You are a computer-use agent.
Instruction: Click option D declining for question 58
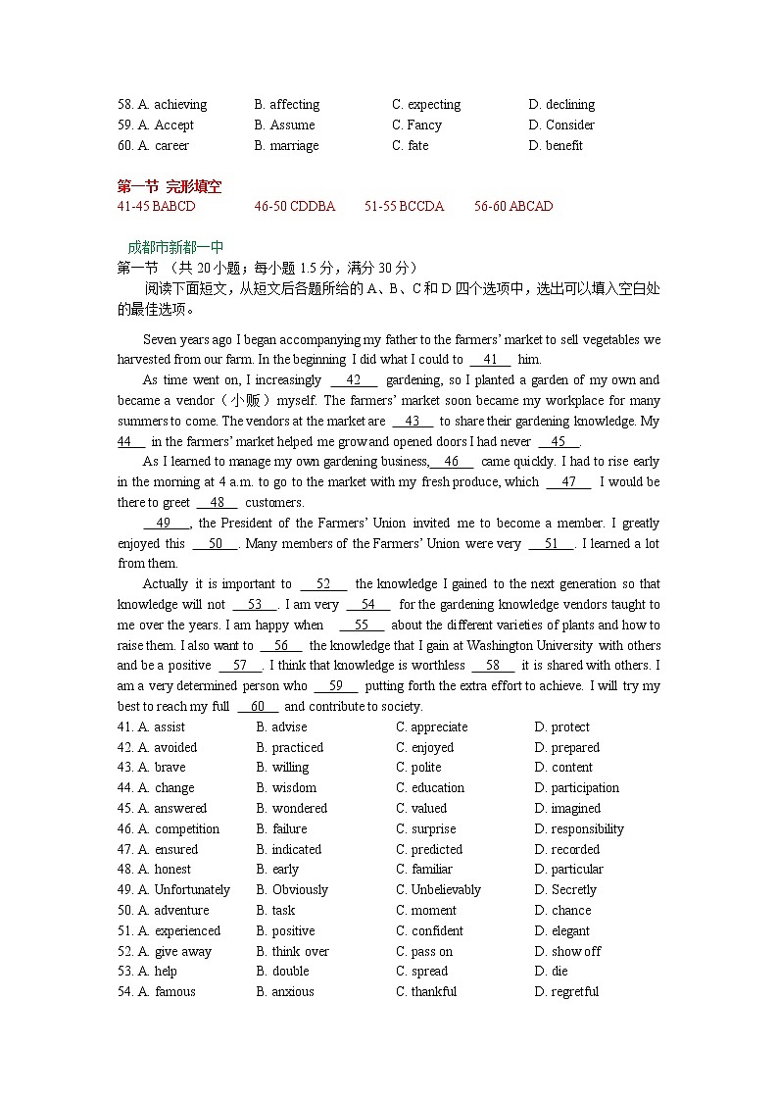(561, 105)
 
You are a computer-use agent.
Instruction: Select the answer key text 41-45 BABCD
(156, 207)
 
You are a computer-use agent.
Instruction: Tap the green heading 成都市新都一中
(175, 248)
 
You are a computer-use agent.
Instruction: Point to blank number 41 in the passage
(491, 360)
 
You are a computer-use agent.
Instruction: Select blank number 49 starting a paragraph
(164, 524)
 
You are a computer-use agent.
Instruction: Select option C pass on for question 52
(424, 952)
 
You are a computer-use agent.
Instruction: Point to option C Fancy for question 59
(417, 125)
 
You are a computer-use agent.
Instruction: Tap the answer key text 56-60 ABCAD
(513, 207)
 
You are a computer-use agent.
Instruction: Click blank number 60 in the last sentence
(258, 707)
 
